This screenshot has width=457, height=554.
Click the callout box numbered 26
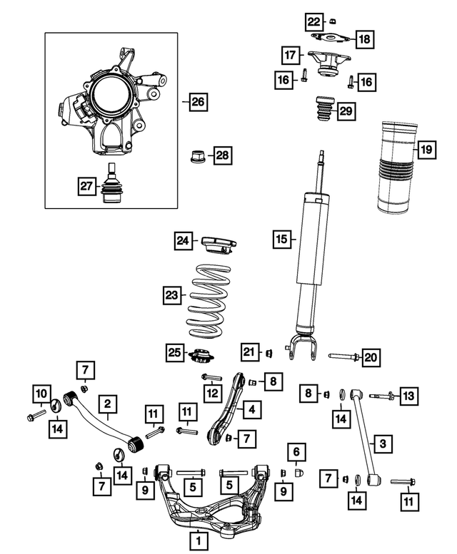point(197,102)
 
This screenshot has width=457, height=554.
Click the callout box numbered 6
point(296,451)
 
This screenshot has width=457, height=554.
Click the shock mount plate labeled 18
point(332,40)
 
